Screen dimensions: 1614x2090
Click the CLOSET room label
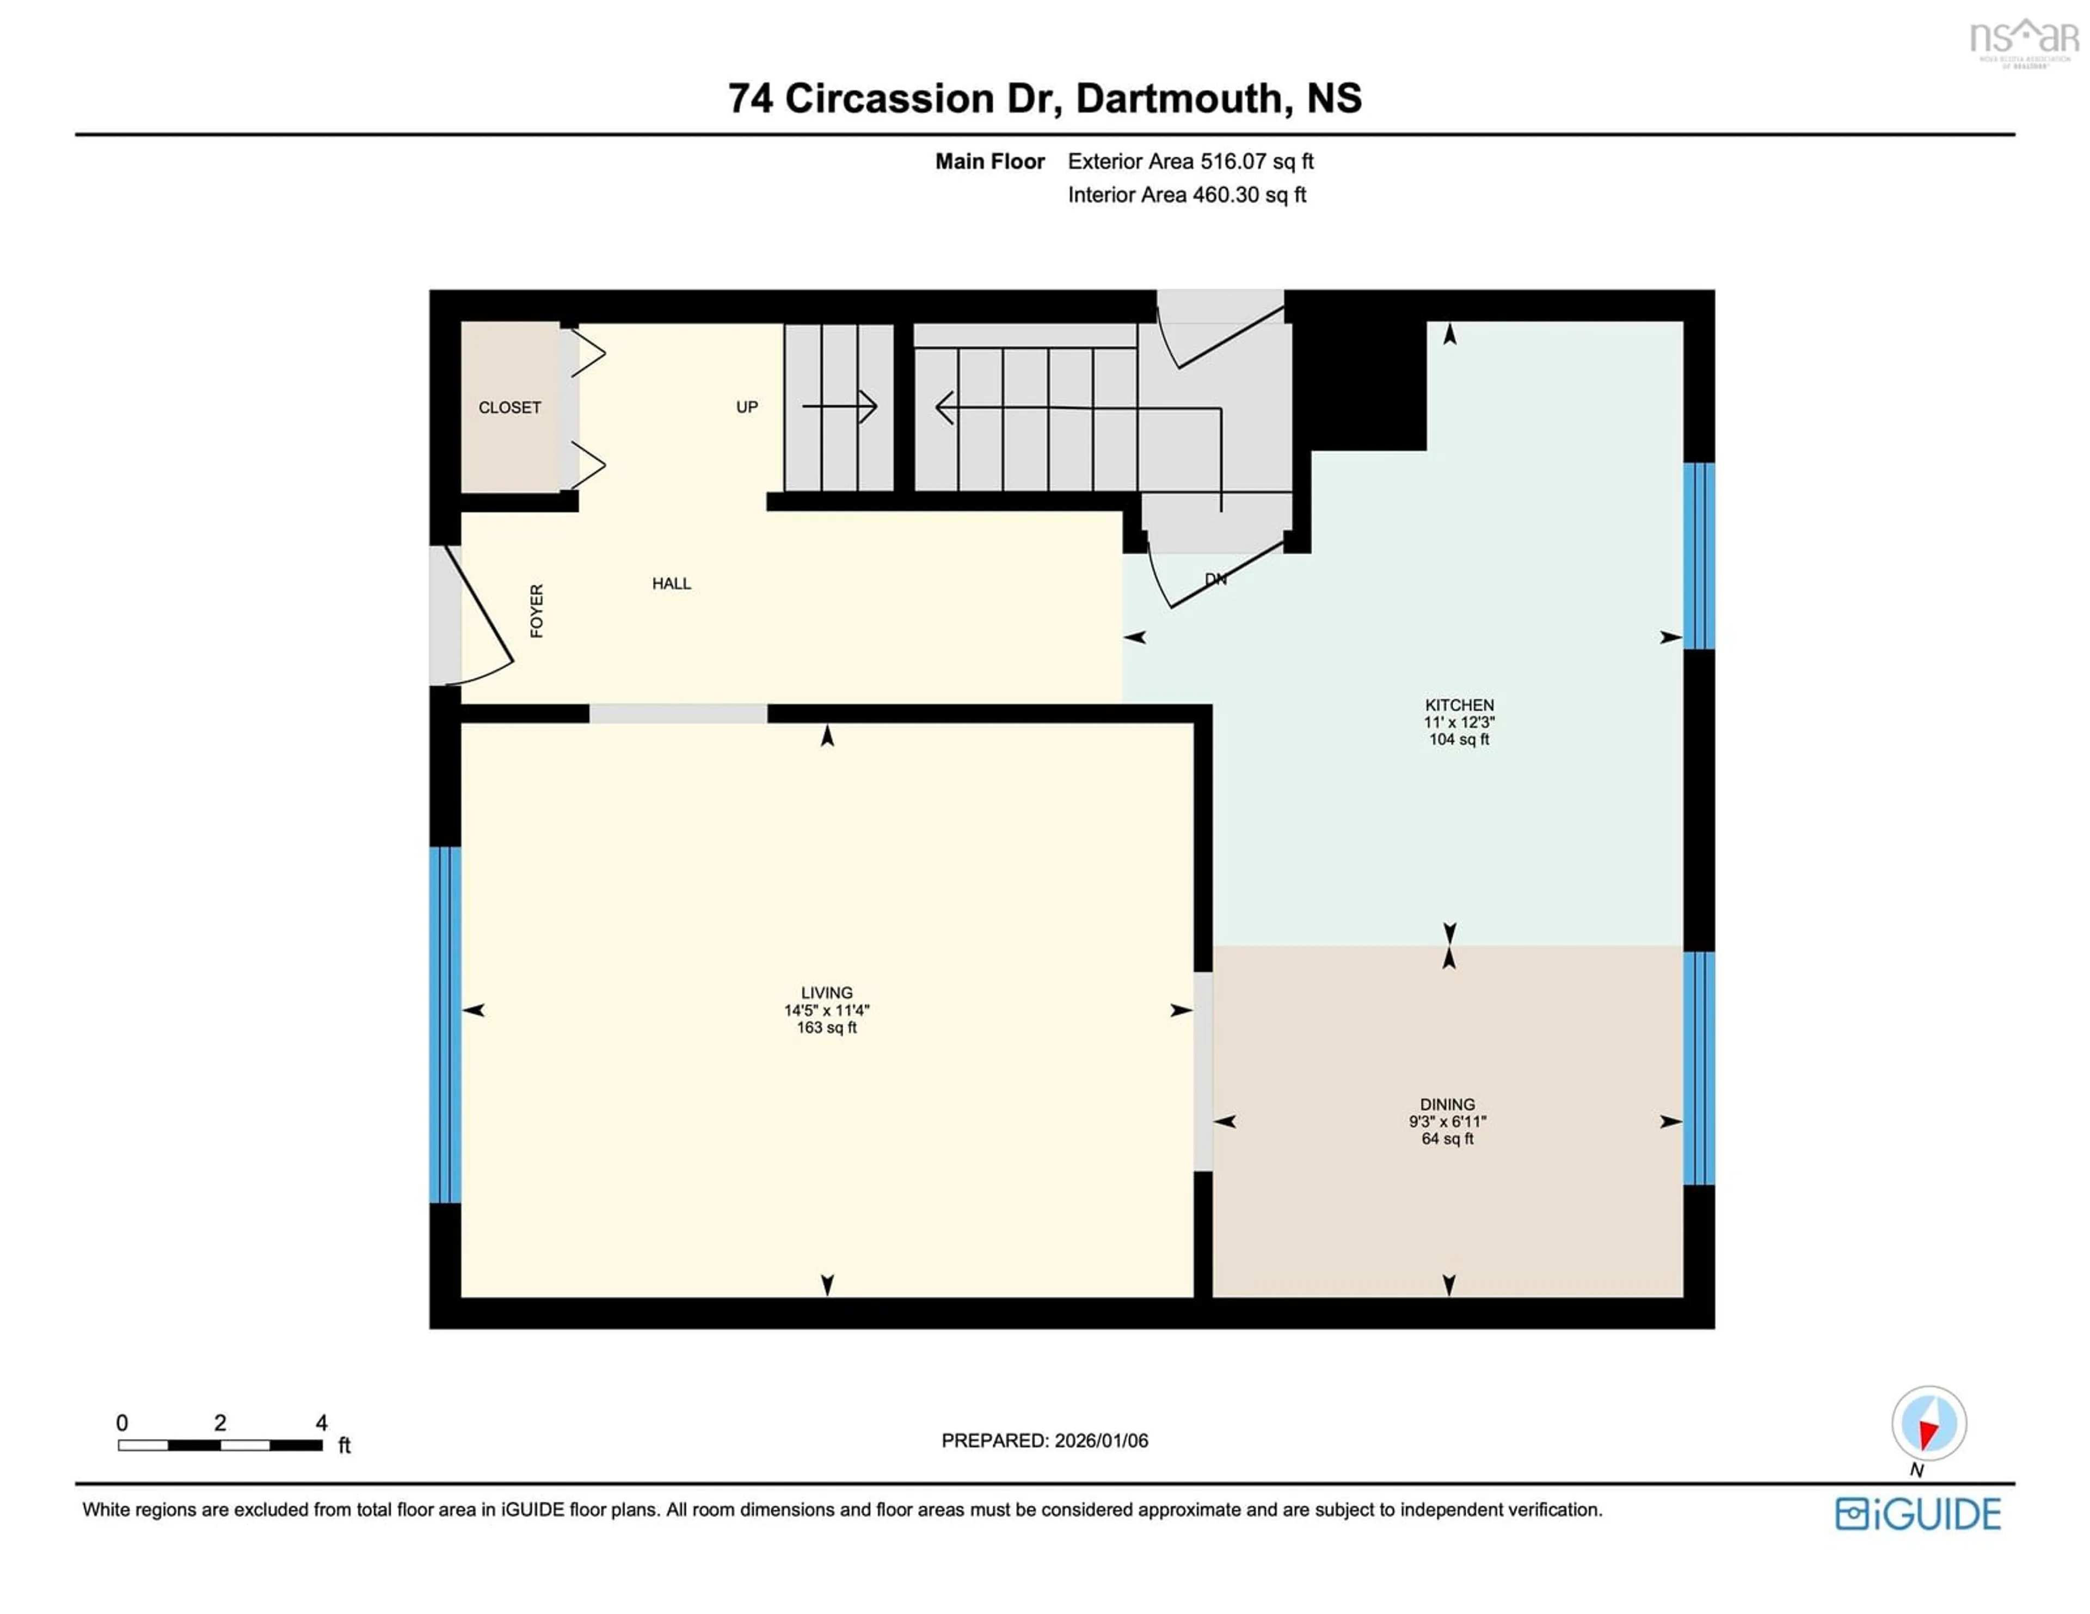[509, 408]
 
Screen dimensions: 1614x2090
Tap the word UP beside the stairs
[746, 406]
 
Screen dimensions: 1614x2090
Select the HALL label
[671, 583]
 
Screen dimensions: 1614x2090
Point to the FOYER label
[537, 611]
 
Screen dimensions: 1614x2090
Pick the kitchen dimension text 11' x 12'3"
[1459, 722]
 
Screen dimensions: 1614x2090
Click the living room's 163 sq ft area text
[826, 1027]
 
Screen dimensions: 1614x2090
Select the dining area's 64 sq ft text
[1447, 1138]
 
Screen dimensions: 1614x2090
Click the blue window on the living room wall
[445, 1024]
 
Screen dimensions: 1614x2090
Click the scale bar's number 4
[322, 1422]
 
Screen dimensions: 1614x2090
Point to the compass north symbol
[1928, 1425]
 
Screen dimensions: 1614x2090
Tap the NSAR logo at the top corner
[2023, 40]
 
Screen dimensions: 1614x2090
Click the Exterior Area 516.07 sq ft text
[1190, 162]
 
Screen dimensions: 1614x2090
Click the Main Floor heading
[989, 162]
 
